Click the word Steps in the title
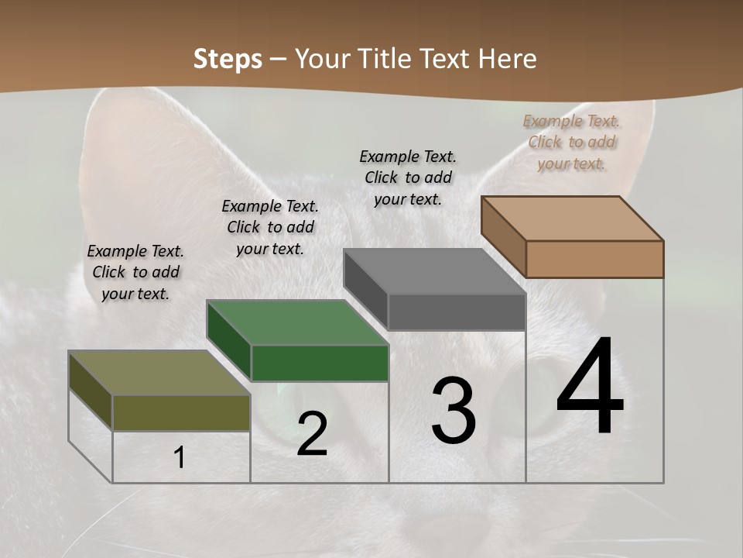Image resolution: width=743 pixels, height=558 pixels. [x=227, y=59]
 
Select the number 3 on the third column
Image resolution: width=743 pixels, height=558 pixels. [x=454, y=411]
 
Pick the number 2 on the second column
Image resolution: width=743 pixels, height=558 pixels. [x=312, y=434]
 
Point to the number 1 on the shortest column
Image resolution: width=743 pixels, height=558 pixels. [x=180, y=457]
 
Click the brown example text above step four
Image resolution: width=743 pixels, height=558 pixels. [x=571, y=142]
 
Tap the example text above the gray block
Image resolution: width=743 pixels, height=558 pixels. [x=408, y=177]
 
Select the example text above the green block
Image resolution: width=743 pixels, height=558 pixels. [x=270, y=227]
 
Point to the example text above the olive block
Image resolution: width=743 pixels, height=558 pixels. [x=135, y=272]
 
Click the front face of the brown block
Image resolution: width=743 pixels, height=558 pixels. [x=594, y=259]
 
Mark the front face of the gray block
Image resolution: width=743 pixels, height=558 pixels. [x=457, y=312]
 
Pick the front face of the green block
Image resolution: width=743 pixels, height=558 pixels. [x=320, y=363]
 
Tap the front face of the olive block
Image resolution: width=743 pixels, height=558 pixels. [x=181, y=412]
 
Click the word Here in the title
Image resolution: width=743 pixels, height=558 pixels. [x=508, y=59]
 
